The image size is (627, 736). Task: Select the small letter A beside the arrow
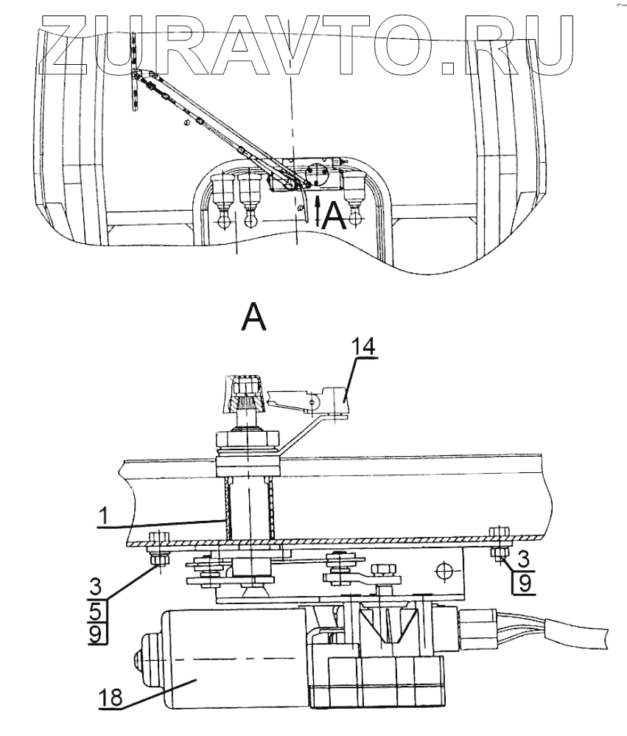click(334, 215)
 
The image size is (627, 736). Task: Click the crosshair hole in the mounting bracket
click(443, 569)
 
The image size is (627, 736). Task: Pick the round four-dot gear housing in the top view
click(319, 175)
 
